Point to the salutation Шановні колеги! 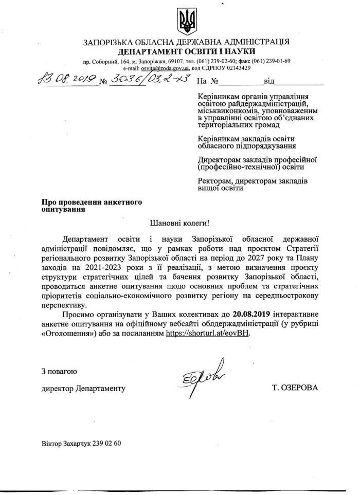coord(179,224)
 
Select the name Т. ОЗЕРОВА coord(296,388)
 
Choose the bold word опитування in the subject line coord(64,209)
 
